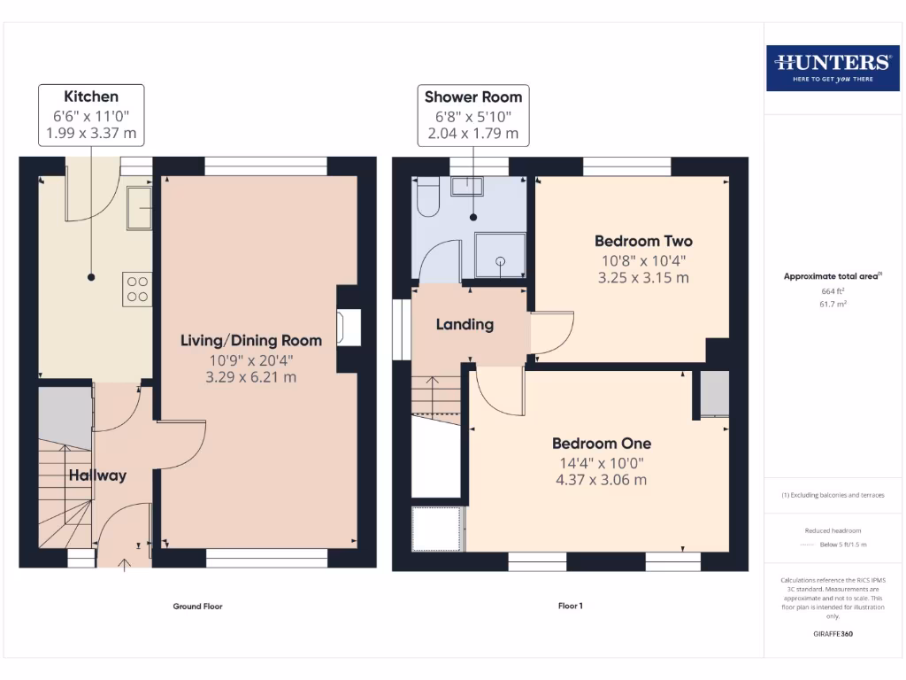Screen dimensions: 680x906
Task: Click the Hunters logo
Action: click(832, 66)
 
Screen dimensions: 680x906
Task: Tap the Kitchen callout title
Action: click(90, 97)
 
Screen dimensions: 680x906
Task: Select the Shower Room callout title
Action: click(473, 97)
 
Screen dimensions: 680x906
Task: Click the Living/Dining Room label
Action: click(251, 340)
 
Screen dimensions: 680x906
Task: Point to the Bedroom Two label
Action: click(643, 241)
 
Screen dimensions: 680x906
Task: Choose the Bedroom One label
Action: click(602, 444)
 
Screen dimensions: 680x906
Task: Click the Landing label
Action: click(465, 324)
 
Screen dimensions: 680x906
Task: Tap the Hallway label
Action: click(97, 475)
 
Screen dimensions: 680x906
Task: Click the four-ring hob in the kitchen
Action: click(138, 289)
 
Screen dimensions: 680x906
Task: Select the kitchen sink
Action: click(140, 209)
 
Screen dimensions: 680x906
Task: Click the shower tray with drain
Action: click(500, 256)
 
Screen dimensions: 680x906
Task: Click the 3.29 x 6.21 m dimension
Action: click(251, 377)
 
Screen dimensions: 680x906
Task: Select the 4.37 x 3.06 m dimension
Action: click(602, 480)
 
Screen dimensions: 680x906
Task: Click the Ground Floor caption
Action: click(197, 607)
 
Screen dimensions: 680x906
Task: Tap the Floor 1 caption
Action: click(570, 607)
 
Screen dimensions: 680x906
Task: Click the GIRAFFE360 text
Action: click(832, 634)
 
